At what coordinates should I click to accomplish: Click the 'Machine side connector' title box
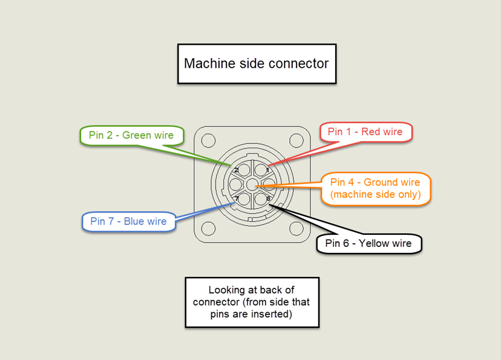point(256,64)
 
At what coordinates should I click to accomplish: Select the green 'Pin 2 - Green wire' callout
point(131,136)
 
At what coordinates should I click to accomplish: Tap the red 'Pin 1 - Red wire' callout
point(365,132)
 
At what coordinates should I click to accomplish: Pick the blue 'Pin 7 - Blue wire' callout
point(128,221)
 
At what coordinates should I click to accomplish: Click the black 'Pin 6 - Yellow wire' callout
point(368,243)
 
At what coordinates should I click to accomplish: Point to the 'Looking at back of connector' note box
point(251,302)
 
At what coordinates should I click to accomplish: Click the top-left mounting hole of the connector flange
point(208,141)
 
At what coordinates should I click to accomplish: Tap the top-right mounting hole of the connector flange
point(296,141)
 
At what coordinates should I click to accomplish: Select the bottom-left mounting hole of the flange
point(208,229)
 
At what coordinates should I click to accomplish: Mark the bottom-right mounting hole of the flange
point(296,229)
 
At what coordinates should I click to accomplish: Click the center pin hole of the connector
point(252,185)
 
